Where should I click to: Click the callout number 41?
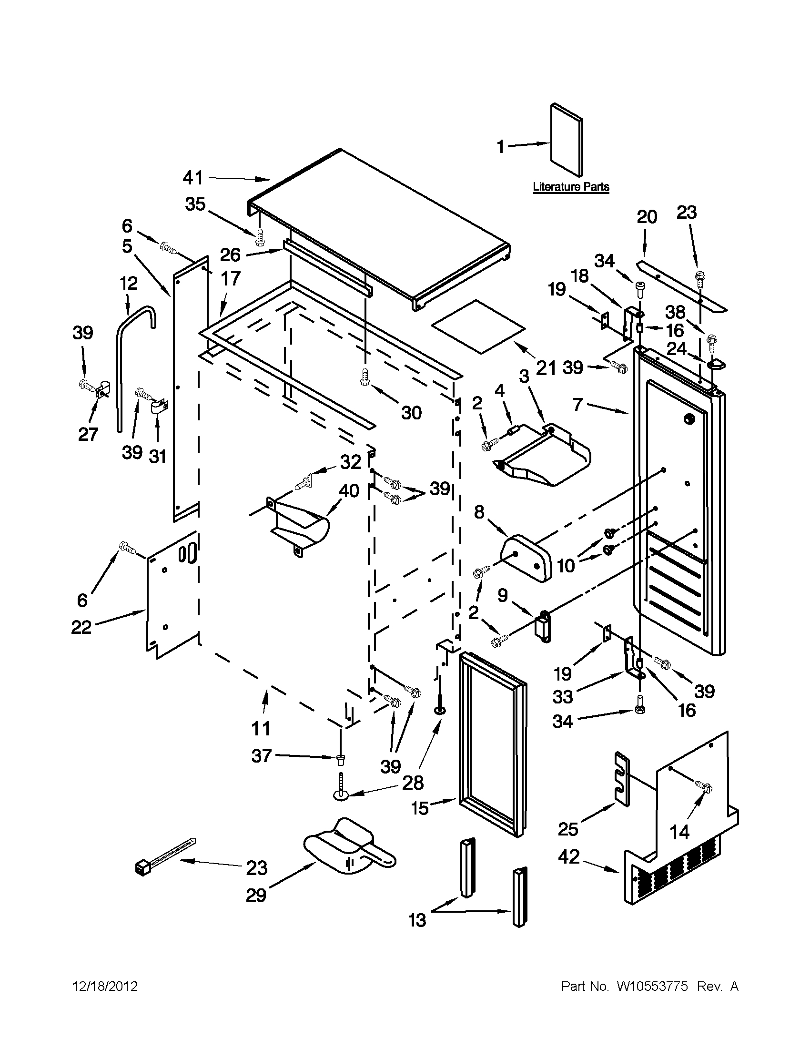193,178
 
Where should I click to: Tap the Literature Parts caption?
571,187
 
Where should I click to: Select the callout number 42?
569,856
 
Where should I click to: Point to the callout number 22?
81,627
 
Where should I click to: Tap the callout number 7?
577,404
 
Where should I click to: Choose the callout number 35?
195,204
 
